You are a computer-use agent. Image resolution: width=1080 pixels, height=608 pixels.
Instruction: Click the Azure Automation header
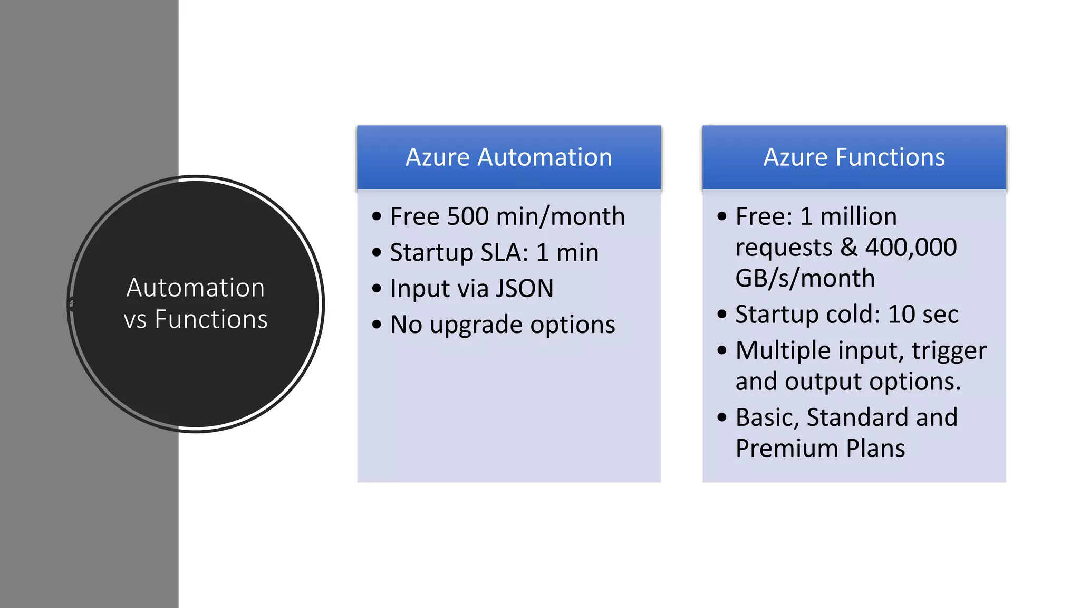point(508,157)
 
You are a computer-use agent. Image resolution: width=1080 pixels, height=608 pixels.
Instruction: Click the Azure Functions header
point(854,157)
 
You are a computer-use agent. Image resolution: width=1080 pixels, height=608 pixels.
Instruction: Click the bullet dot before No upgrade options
point(377,324)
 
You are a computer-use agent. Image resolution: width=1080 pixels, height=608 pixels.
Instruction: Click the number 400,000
point(911,247)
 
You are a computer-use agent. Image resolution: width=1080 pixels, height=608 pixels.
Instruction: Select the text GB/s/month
point(805,278)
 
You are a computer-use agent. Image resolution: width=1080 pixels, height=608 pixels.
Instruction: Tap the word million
point(859,216)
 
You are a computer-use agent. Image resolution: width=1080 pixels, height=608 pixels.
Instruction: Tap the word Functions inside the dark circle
point(211,320)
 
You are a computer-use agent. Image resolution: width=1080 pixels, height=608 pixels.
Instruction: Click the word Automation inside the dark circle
point(196,288)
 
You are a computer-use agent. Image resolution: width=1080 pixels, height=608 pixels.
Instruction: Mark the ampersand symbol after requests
point(848,247)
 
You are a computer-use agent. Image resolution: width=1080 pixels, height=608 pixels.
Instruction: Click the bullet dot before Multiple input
point(722,350)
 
